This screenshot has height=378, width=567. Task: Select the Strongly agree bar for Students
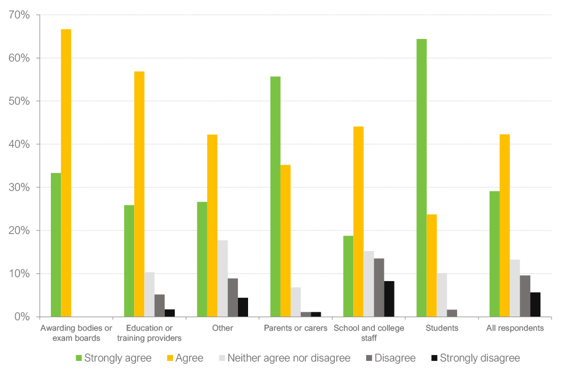[422, 178]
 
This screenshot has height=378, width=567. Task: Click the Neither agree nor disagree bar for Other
[223, 278]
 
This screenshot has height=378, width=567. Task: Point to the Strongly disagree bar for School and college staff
[389, 299]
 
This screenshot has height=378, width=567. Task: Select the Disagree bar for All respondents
[525, 296]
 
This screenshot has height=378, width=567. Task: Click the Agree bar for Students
[432, 265]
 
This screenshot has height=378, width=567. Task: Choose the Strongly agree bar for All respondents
[494, 254]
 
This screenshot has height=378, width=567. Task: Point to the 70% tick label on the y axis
[19, 15]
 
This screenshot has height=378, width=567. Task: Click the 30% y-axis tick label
[19, 187]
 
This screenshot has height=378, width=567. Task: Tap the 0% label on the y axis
[22, 317]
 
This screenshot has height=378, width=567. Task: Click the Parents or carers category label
[295, 328]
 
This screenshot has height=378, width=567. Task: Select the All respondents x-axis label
[515, 328]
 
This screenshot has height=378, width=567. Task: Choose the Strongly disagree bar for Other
[243, 307]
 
